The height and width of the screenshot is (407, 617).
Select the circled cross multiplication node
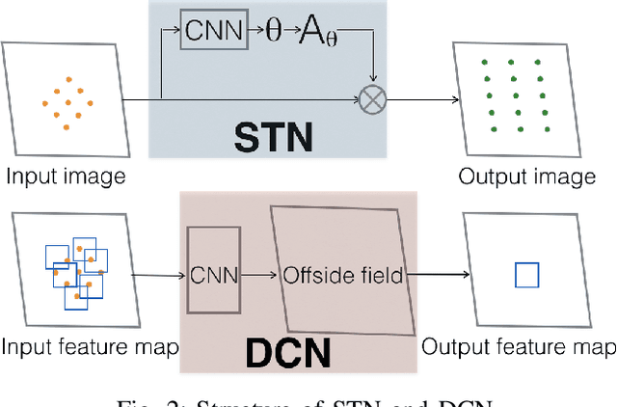click(370, 98)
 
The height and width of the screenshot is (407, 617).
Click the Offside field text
click(341, 276)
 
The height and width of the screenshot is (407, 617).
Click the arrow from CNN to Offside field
click(258, 276)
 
